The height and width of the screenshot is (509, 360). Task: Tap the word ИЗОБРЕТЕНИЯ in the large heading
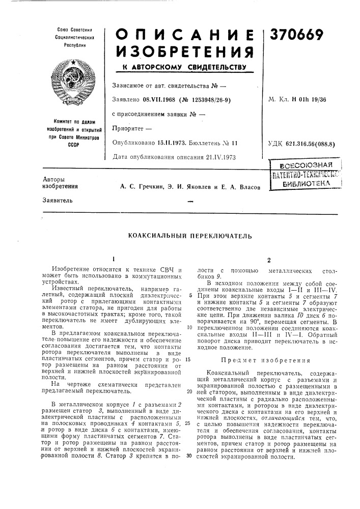[x=181, y=51]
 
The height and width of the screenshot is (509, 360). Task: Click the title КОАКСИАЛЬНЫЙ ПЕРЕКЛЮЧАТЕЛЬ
[x=180, y=236]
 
